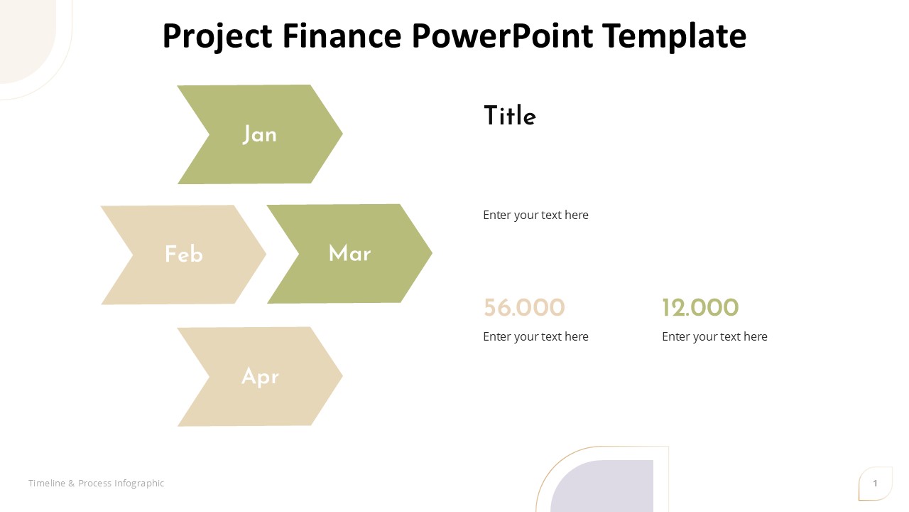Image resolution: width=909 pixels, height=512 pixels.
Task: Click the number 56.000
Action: (524, 308)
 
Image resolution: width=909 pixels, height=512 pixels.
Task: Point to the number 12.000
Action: (700, 308)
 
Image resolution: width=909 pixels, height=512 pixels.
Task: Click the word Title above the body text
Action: (510, 116)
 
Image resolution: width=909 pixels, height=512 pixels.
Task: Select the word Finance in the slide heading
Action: (342, 36)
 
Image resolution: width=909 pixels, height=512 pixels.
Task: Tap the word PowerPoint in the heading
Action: (502, 36)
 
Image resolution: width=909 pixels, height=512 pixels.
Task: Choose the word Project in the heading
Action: (217, 36)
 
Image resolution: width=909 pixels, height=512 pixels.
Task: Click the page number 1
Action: (875, 483)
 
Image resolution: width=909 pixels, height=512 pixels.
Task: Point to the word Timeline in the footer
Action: (47, 483)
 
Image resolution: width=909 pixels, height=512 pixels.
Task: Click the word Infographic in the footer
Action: (139, 484)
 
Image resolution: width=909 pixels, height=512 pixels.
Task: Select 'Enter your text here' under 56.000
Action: (535, 337)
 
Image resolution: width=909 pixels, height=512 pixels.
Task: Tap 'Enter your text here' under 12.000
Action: (714, 337)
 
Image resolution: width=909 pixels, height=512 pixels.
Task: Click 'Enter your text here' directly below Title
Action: (535, 215)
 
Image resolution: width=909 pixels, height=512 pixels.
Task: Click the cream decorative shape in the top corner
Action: (24, 36)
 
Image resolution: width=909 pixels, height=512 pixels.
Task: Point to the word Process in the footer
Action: (95, 483)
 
